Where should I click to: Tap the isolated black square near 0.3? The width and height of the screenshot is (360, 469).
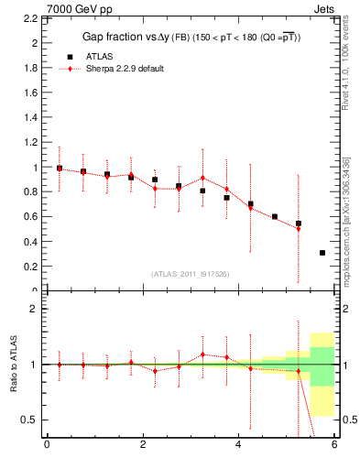tap(322, 253)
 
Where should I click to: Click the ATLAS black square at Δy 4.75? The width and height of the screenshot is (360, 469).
tap(275, 217)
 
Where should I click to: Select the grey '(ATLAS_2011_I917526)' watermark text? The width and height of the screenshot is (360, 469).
tap(191, 274)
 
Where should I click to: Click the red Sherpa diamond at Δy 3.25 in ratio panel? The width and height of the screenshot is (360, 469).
tap(202, 354)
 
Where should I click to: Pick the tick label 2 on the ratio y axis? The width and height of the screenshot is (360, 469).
tap(33, 309)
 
